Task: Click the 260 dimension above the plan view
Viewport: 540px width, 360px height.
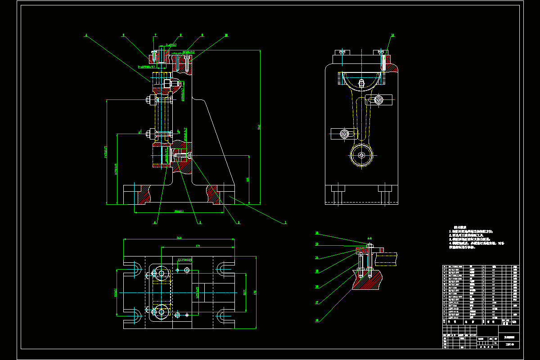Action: point(179,238)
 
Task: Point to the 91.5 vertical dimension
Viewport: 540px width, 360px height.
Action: point(245,292)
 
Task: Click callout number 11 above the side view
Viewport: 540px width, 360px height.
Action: point(392,35)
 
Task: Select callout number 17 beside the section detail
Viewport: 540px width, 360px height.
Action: point(317,302)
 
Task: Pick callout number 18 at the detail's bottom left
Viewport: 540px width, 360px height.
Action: point(317,320)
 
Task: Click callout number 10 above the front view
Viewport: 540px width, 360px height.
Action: point(226,35)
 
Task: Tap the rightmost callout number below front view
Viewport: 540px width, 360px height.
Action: point(285,222)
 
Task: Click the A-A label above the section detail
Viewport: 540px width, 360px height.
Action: point(369,236)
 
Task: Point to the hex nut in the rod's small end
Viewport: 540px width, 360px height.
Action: point(362,156)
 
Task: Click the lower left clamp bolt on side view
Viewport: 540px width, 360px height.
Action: point(345,133)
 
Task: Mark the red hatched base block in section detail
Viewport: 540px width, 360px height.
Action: point(367,281)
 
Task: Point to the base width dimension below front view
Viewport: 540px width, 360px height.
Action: point(179,211)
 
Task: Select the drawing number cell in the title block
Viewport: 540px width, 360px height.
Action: point(509,345)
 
